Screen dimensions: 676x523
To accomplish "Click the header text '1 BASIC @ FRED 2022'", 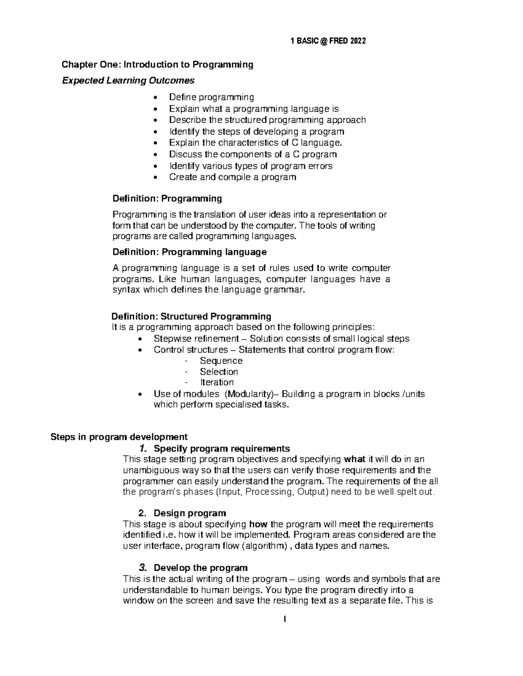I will [x=328, y=41].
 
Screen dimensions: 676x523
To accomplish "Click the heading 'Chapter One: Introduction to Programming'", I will [x=157, y=65].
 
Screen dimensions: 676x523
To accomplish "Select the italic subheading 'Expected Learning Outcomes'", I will [x=128, y=81].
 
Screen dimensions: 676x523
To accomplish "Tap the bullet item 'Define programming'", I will [x=211, y=97].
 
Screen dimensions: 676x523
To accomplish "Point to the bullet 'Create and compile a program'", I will [x=232, y=177].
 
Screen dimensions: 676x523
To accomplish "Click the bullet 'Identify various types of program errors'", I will [x=251, y=166].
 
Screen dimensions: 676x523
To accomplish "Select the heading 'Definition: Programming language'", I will [x=189, y=252].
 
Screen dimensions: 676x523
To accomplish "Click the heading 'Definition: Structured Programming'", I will [x=191, y=316].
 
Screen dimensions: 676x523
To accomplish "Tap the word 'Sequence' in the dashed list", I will [x=221, y=361].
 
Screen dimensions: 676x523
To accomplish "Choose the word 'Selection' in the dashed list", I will [x=219, y=372].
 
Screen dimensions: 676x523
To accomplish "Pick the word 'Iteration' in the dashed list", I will [x=217, y=383].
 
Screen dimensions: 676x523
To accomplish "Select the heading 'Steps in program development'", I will [x=119, y=437].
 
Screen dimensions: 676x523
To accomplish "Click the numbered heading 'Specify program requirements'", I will [x=222, y=449].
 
